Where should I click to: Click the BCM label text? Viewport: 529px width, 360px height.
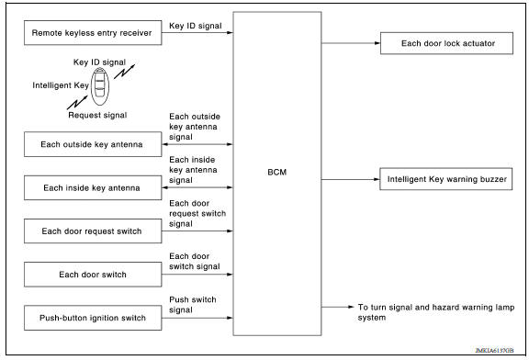pyautogui.click(x=276, y=172)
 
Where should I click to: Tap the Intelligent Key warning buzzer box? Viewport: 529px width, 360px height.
pyautogui.click(x=445, y=181)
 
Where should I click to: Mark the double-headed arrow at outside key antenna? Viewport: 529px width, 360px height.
pyautogui.click(x=197, y=144)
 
